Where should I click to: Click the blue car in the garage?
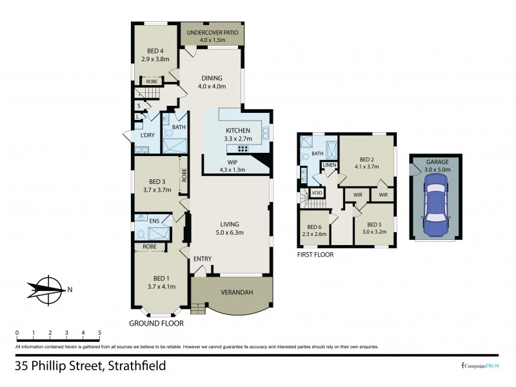point(435,207)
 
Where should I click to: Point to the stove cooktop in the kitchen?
point(233,148)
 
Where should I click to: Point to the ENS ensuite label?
point(154,221)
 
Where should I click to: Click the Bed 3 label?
point(157,181)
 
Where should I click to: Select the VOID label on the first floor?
point(317,193)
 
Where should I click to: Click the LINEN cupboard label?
point(329,166)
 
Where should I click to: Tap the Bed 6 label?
point(314,227)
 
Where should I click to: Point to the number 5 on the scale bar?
point(99,333)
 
